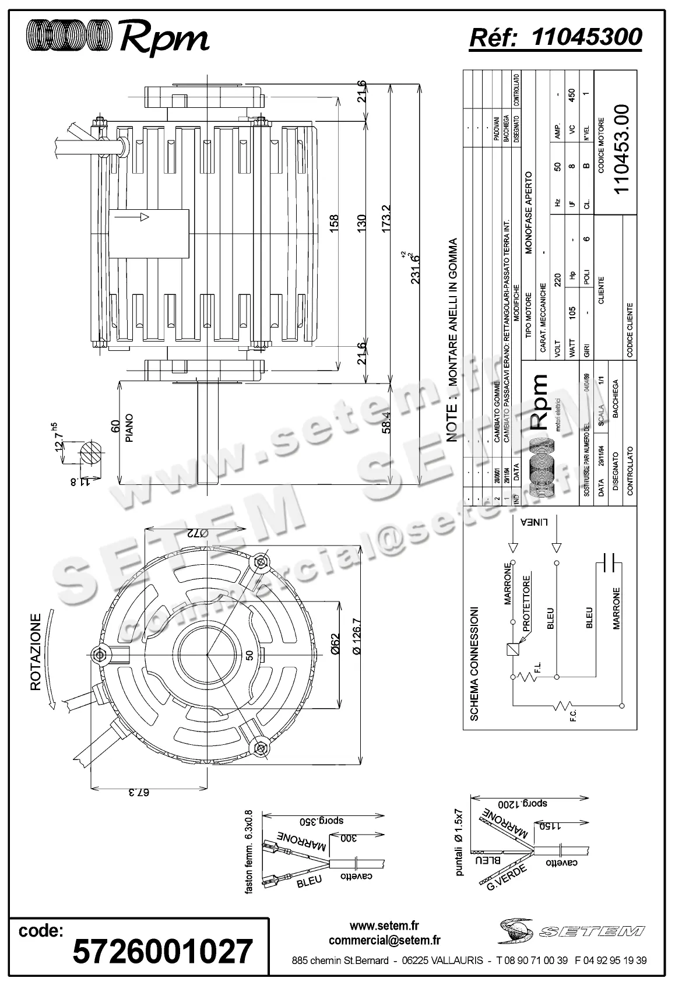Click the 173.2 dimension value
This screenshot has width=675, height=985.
[x=386, y=219]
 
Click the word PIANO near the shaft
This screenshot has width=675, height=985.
[x=129, y=428]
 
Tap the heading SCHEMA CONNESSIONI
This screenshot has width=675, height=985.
[x=474, y=663]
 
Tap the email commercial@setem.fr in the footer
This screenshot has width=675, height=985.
[x=385, y=940]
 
